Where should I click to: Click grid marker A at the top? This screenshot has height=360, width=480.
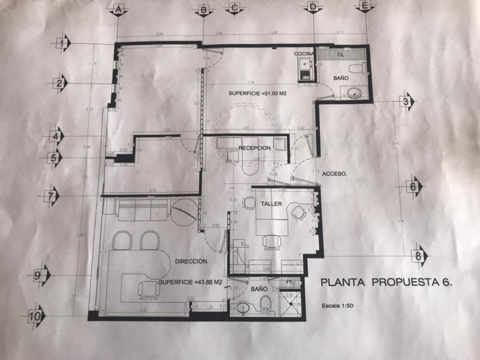118,9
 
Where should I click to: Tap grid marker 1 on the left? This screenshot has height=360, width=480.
63,43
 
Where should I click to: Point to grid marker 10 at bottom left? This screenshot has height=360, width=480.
35,316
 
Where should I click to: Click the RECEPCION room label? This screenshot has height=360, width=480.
254,148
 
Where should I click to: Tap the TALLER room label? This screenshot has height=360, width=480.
271,204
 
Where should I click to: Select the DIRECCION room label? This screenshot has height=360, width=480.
191,261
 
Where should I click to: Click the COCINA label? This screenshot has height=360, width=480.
303,54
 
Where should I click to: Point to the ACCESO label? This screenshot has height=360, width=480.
335,175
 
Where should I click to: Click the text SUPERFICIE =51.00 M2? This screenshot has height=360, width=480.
258,94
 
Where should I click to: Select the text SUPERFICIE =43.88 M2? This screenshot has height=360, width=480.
190,282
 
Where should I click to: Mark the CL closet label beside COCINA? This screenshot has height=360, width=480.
340,54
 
